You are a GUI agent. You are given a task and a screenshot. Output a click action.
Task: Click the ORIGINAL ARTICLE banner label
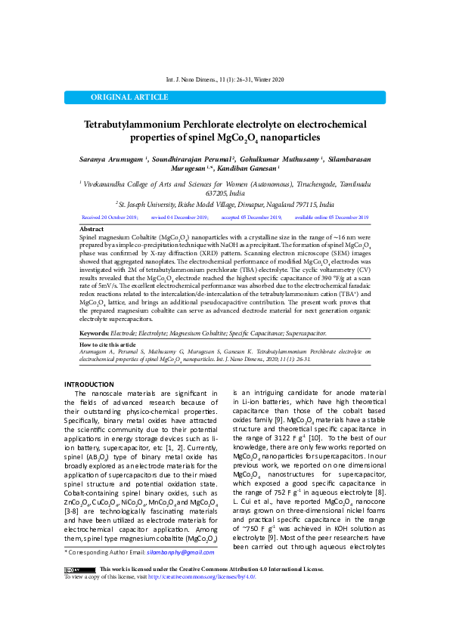point(129,97)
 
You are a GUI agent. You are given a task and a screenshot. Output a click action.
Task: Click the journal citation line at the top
point(225,79)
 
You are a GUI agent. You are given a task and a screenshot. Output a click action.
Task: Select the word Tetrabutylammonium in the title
point(132,124)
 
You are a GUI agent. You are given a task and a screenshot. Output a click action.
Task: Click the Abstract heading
point(92,228)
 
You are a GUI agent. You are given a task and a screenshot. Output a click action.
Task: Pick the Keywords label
point(94,333)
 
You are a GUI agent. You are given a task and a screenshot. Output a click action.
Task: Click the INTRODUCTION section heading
point(88,385)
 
